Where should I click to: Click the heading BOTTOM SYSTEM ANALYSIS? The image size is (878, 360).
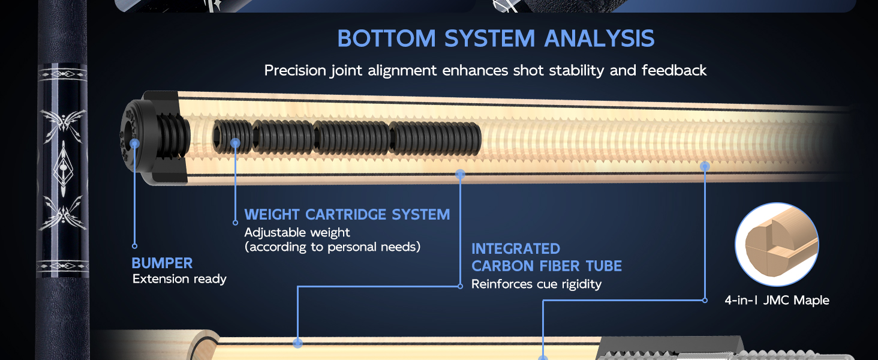click(x=496, y=38)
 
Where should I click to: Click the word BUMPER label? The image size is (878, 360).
click(x=162, y=263)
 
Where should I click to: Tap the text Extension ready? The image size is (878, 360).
click(x=179, y=279)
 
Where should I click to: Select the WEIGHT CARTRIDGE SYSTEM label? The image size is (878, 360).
click(x=347, y=215)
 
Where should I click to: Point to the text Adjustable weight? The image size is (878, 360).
click(x=297, y=233)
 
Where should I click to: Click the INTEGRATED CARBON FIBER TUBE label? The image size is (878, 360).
click(x=546, y=257)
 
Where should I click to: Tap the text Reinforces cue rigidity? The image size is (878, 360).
click(x=536, y=284)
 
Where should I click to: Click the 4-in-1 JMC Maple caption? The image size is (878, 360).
click(x=777, y=301)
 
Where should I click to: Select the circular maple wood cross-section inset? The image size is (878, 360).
click(x=777, y=244)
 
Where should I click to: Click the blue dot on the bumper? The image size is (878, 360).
click(x=134, y=143)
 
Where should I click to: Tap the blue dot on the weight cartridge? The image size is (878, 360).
click(x=235, y=143)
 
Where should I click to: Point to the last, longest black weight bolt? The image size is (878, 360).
click(x=435, y=139)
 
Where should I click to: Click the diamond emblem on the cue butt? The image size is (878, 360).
click(x=63, y=169)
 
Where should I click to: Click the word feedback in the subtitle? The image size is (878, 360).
click(x=674, y=71)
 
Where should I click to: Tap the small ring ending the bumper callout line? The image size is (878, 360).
click(x=134, y=246)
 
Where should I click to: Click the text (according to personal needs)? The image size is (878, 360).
click(x=332, y=247)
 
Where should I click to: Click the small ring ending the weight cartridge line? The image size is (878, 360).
click(x=235, y=223)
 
